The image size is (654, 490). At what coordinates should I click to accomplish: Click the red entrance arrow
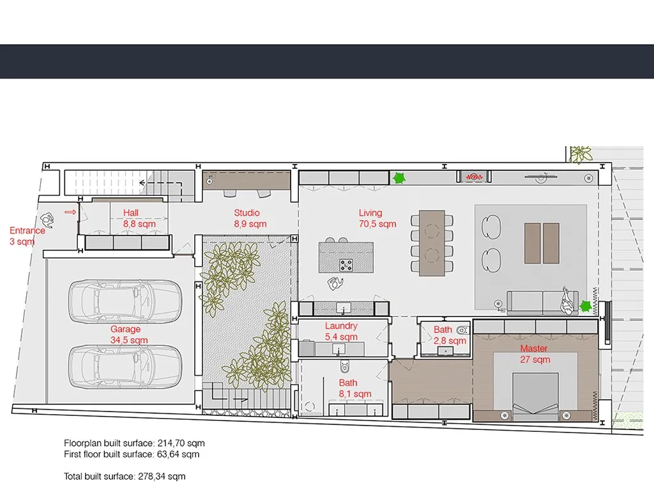[x=70, y=212]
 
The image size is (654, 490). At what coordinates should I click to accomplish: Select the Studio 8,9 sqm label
[x=250, y=218]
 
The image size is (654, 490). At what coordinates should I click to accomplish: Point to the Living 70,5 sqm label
[x=377, y=218]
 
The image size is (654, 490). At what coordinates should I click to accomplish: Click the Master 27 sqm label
[x=535, y=353]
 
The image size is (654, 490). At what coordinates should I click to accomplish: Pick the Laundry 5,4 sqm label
[x=341, y=331]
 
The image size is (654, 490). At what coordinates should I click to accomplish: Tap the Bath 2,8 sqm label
[x=449, y=336]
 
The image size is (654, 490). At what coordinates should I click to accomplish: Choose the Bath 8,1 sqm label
[x=354, y=389]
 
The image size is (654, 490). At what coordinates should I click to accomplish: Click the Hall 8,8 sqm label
[x=139, y=218]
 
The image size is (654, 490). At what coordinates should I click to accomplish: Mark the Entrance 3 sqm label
[x=27, y=236]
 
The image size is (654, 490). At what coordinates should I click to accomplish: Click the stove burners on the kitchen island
[x=346, y=265]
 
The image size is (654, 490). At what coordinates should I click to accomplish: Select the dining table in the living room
[x=432, y=243]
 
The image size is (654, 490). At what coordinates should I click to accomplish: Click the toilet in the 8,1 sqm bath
[x=344, y=367]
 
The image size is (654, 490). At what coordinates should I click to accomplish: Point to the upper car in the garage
[x=125, y=301]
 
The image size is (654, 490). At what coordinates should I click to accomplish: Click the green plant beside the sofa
[x=586, y=306]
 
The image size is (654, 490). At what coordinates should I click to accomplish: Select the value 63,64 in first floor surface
[x=167, y=454]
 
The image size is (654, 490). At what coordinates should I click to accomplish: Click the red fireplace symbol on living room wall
[x=474, y=177]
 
